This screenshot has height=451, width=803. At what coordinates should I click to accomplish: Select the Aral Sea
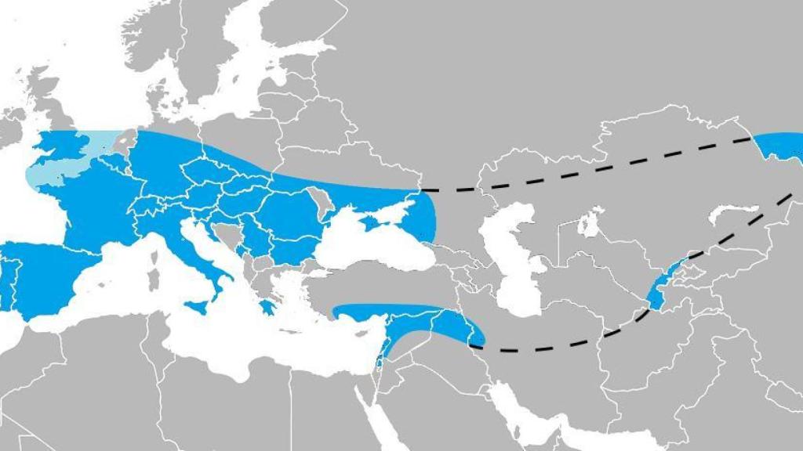(588, 223)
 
